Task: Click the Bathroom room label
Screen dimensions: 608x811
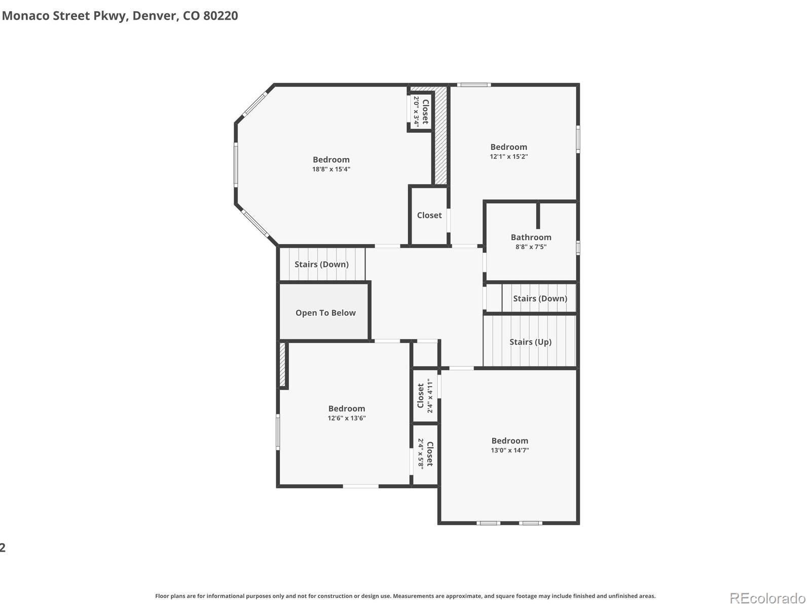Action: [531, 237]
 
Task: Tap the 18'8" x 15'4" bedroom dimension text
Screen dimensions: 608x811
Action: [331, 169]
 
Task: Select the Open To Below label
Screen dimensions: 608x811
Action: [325, 313]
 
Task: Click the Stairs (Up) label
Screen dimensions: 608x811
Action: [530, 342]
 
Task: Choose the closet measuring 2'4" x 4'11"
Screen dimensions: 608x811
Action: [425, 396]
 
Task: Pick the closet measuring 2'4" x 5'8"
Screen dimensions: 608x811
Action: [425, 454]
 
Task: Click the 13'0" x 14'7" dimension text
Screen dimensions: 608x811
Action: [509, 450]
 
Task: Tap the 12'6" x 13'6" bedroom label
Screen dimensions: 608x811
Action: [346, 408]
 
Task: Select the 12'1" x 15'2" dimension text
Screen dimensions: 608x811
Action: [508, 157]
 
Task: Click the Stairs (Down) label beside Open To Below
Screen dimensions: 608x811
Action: [321, 264]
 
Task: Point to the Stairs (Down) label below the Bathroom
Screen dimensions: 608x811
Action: [540, 298]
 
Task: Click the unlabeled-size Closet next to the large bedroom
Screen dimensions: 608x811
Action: [429, 215]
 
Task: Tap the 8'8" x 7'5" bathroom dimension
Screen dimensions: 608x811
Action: [531, 247]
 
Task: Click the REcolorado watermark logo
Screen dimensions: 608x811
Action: [767, 598]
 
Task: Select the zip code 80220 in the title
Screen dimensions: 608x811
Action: [220, 16]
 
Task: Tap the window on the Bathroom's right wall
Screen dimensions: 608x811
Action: [578, 247]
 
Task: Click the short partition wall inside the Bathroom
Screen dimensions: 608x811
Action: [538, 216]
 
